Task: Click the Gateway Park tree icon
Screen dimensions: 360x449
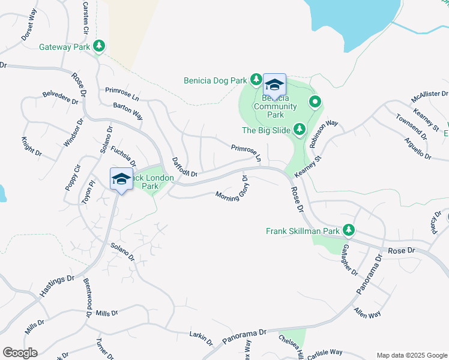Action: (x=99, y=46)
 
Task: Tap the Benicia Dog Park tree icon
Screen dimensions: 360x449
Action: (x=256, y=79)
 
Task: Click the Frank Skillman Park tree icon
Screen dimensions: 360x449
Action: (x=348, y=230)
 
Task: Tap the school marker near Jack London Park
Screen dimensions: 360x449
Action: (x=121, y=179)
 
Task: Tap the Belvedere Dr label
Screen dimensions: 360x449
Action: (x=61, y=98)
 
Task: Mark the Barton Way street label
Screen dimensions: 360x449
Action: (x=128, y=110)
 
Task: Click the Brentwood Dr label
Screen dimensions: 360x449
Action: (x=88, y=298)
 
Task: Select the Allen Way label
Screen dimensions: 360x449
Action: (x=367, y=313)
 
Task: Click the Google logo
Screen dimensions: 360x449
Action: (x=20, y=353)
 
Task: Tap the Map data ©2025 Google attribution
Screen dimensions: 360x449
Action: (x=412, y=355)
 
